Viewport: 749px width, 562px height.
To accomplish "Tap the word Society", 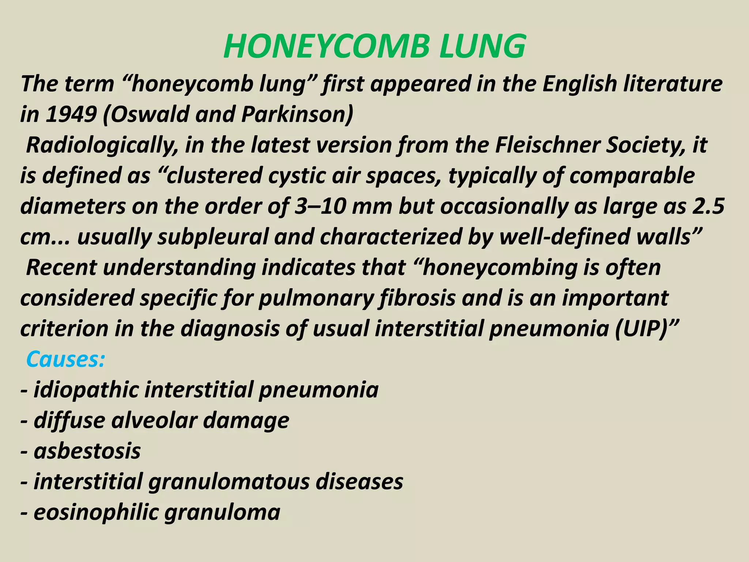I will (x=646, y=145).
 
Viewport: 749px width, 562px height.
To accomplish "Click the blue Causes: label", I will (x=65, y=359).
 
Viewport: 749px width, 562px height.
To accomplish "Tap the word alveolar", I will (x=154, y=420).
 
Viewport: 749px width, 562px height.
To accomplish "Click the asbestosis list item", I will (x=87, y=451).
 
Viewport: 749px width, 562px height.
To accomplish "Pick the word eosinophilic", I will (x=95, y=512).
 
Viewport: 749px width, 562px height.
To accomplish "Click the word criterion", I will (x=64, y=329).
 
